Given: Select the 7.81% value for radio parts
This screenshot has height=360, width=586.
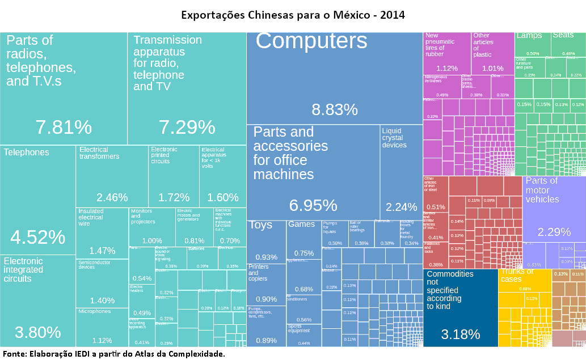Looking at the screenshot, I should [x=64, y=127].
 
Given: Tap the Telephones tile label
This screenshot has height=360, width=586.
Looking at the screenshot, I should [x=26, y=153].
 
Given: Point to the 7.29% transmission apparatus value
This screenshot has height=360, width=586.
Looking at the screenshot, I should [x=187, y=127].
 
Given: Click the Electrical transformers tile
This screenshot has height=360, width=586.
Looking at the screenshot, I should [x=112, y=176].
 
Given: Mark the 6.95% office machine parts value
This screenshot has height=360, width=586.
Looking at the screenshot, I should [x=313, y=205].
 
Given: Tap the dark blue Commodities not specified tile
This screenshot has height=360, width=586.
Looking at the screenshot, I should [x=461, y=306].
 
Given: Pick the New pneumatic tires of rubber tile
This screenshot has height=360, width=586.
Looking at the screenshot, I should [x=447, y=53].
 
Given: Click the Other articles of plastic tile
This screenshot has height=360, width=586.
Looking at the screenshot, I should [x=492, y=53].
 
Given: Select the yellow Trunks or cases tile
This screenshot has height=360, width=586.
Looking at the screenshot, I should [x=525, y=306].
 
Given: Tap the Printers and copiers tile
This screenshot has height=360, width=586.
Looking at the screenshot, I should [x=266, y=283].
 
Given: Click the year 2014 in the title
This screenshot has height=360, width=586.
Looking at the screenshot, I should [x=393, y=15].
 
